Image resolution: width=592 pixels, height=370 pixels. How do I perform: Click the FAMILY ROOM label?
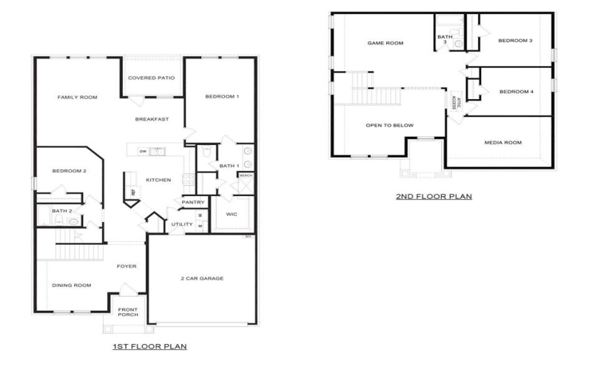click(x=78, y=97)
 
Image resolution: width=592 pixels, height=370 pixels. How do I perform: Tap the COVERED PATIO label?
click(x=152, y=78)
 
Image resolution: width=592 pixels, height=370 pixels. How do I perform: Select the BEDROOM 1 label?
click(x=222, y=97)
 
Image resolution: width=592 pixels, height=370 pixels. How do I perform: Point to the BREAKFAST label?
click(x=152, y=119)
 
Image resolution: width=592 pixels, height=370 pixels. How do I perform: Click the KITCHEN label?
click(x=158, y=180)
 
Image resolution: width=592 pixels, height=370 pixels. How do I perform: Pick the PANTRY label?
click(x=192, y=202)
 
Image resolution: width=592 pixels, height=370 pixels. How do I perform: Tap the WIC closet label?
click(x=231, y=215)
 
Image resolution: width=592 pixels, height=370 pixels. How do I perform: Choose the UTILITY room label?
click(x=181, y=224)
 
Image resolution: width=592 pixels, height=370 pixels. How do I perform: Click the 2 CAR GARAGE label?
click(x=202, y=278)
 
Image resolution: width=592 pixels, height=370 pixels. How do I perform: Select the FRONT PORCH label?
click(x=128, y=312)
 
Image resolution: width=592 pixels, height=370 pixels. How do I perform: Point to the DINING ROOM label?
click(x=71, y=285)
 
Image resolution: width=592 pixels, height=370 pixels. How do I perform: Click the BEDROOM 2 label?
click(x=70, y=171)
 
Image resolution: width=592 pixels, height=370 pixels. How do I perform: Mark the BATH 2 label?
click(x=61, y=211)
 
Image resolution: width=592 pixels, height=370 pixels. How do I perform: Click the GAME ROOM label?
click(x=386, y=43)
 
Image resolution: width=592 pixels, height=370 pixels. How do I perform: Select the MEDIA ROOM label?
click(x=503, y=142)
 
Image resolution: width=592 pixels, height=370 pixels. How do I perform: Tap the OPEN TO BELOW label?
click(x=390, y=125)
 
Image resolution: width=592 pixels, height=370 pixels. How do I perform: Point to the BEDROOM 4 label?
click(x=517, y=92)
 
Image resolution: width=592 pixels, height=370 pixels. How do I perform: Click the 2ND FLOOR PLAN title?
click(x=434, y=196)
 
